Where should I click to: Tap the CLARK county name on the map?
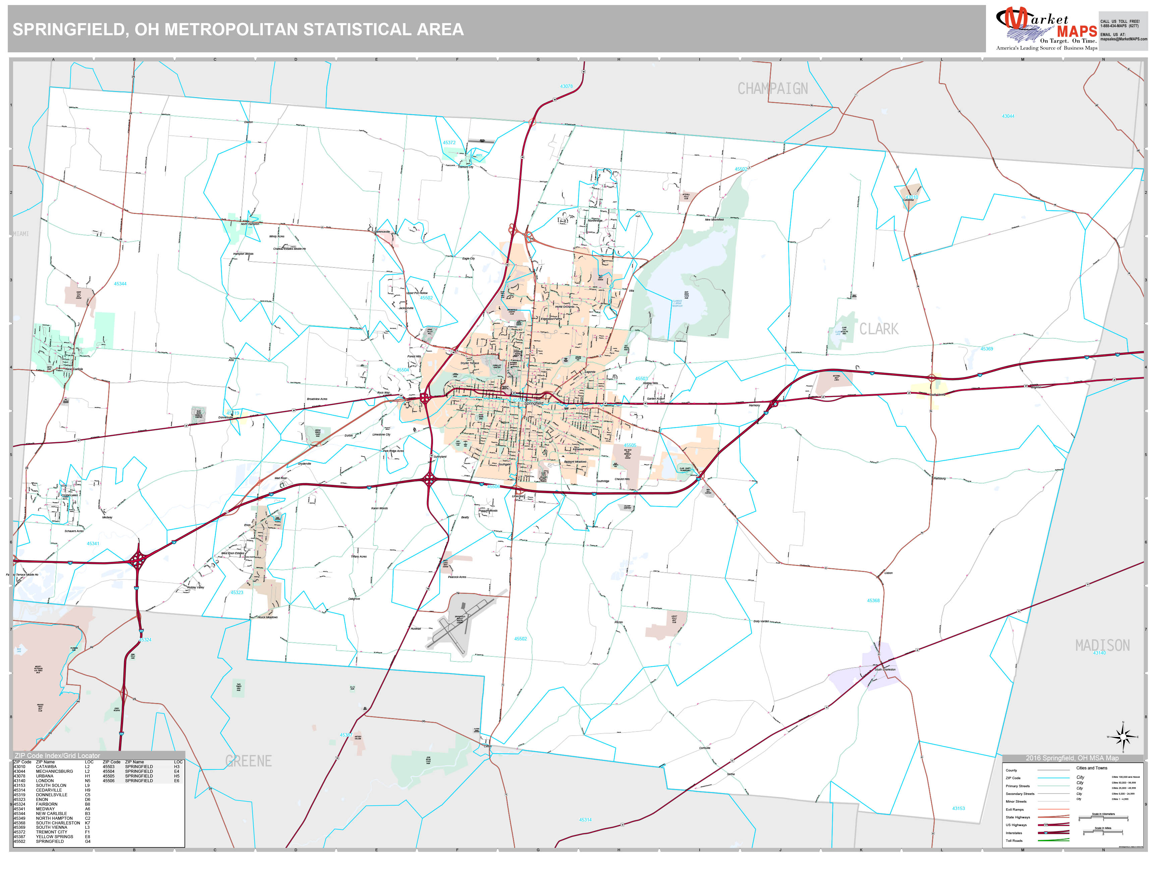879,329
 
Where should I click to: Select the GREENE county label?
249,761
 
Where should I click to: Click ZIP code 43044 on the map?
1007,116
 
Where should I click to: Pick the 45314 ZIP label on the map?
585,820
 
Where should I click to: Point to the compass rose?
1122,737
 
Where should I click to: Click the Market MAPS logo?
1046,29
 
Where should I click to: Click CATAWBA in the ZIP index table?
46,766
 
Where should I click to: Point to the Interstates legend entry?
1013,833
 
